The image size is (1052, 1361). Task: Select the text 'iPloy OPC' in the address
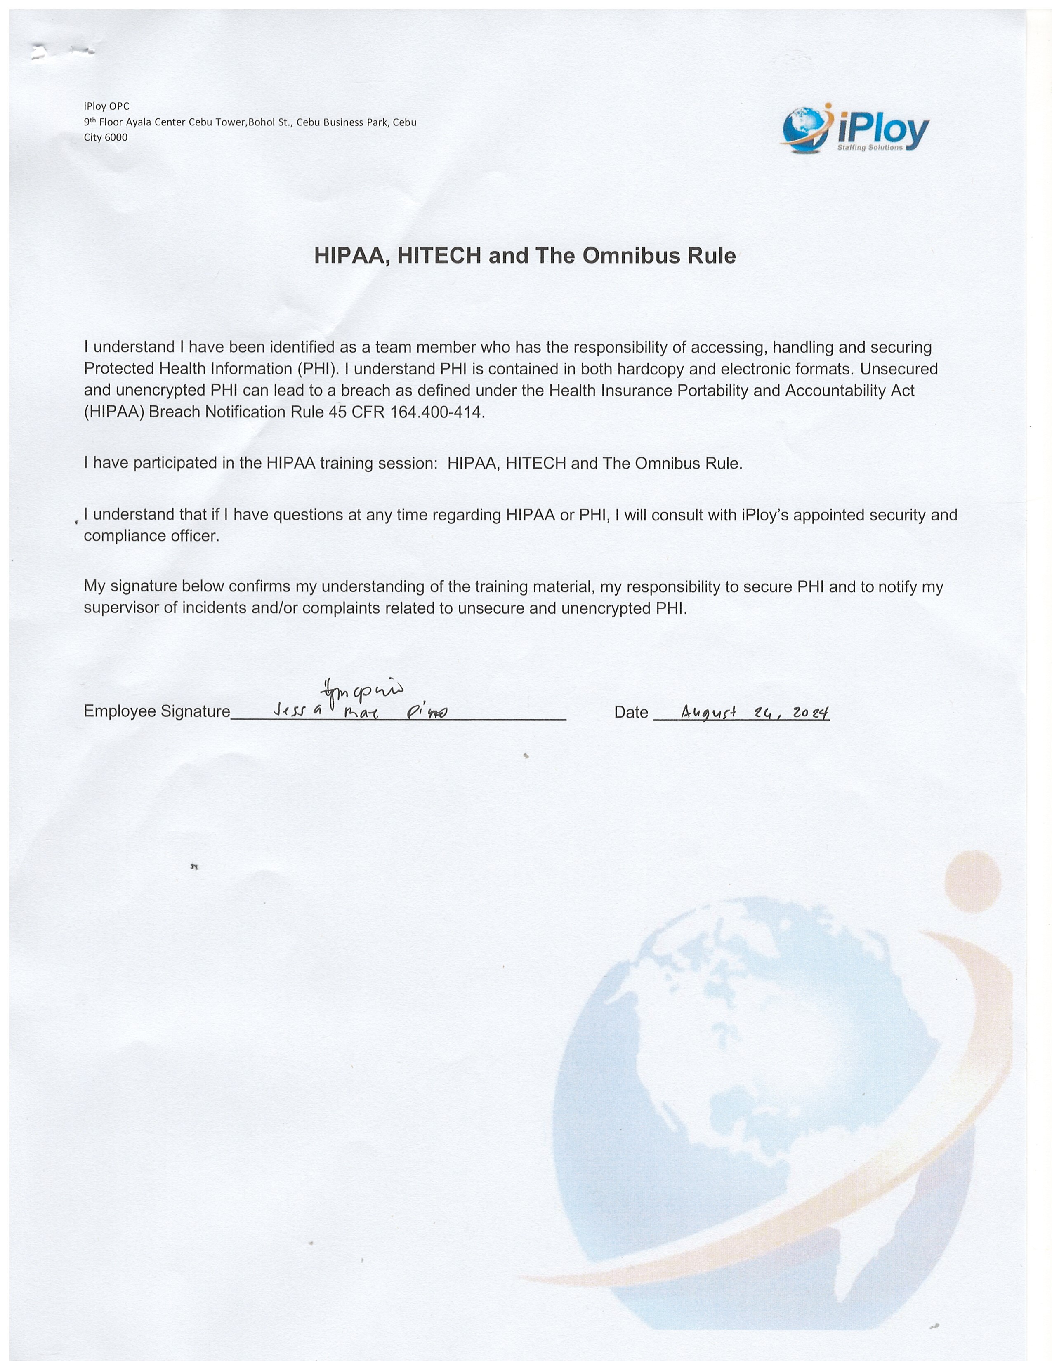[x=106, y=106]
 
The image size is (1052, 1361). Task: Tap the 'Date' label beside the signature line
[x=631, y=712]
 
